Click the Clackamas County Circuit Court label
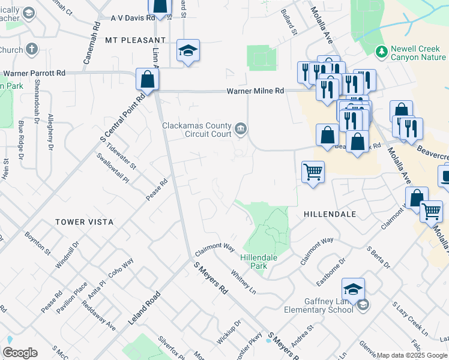click(197, 130)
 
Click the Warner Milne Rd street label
click(255, 91)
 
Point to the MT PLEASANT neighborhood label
click(130, 40)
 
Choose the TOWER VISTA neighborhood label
click(85, 222)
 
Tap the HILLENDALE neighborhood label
click(330, 214)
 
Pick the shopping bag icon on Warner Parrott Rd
click(147, 79)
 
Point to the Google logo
click(20, 353)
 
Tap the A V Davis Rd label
click(133, 18)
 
